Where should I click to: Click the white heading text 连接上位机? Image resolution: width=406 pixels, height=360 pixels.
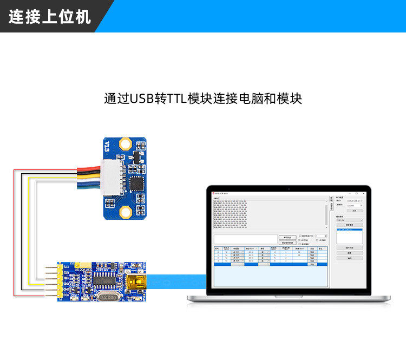(x=49, y=16)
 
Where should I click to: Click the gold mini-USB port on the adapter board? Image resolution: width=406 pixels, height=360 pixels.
(x=135, y=282)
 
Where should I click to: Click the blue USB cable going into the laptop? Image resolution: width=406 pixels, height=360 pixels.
(x=179, y=282)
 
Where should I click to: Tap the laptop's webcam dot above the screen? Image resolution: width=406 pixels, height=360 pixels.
(x=289, y=188)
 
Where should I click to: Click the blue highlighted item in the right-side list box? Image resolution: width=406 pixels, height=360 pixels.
(x=349, y=230)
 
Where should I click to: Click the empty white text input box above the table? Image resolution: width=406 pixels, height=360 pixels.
(x=245, y=239)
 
